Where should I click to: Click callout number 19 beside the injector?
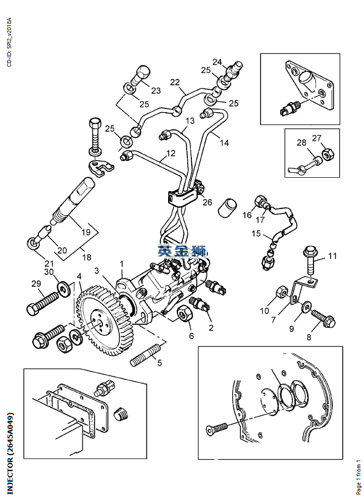tap(86, 232)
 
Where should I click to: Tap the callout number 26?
tap(207, 202)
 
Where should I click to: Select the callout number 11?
tap(332, 256)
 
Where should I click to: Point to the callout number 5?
tap(160, 363)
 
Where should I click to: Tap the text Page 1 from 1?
tap(358, 476)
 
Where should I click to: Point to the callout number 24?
tap(217, 62)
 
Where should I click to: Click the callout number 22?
tap(175, 82)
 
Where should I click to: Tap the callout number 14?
tap(224, 143)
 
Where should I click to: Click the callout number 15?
tap(256, 233)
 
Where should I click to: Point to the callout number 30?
tap(48, 272)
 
